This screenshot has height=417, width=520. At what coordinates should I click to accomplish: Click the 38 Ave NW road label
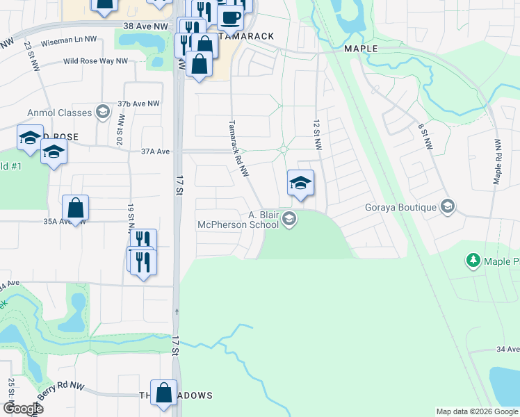[x=145, y=26]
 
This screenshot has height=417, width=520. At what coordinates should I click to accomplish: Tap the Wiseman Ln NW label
[x=70, y=40]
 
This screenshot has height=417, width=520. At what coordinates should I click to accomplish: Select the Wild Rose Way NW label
[x=95, y=61]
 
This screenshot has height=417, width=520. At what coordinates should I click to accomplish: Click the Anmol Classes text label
[x=59, y=113]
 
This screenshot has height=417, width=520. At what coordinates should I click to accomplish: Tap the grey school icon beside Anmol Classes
[x=103, y=113]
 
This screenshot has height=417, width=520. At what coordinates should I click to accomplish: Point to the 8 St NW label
[x=425, y=138]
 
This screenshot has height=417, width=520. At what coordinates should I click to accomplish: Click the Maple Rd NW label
[x=498, y=161]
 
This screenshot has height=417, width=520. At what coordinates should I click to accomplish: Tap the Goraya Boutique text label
[x=400, y=207]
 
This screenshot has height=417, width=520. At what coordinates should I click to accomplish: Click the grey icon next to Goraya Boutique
[x=448, y=207]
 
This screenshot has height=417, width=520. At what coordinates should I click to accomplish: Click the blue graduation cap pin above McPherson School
[x=300, y=183]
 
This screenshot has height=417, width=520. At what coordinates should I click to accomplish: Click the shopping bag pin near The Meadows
[x=163, y=393]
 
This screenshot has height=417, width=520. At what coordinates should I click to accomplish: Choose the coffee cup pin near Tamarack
[x=230, y=17]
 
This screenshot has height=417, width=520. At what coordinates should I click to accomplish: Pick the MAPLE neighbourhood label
[x=361, y=49]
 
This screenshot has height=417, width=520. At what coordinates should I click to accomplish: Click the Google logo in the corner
[x=22, y=408]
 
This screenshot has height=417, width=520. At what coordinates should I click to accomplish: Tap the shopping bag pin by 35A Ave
[x=75, y=208]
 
